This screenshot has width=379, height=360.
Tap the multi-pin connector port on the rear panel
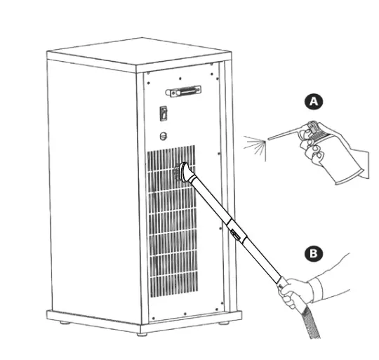coord(184,91)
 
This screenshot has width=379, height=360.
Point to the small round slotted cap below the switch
coord(164,136)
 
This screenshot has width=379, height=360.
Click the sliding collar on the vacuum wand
coord(234,231)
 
